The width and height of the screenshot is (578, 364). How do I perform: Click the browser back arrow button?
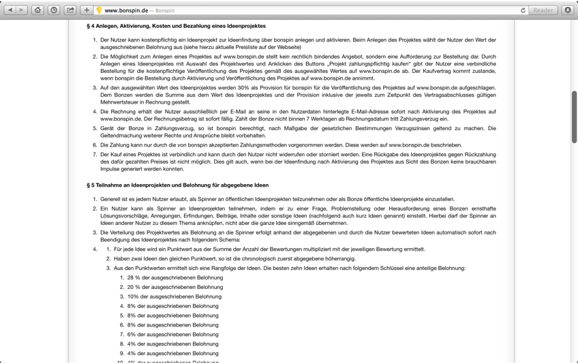[10, 10]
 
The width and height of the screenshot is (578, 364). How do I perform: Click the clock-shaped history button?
[54, 10]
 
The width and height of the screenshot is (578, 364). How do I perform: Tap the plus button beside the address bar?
[87, 10]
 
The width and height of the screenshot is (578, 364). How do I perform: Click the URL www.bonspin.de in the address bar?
[125, 11]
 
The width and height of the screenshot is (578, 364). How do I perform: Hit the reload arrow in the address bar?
[523, 10]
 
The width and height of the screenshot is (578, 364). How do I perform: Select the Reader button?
[543, 10]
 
